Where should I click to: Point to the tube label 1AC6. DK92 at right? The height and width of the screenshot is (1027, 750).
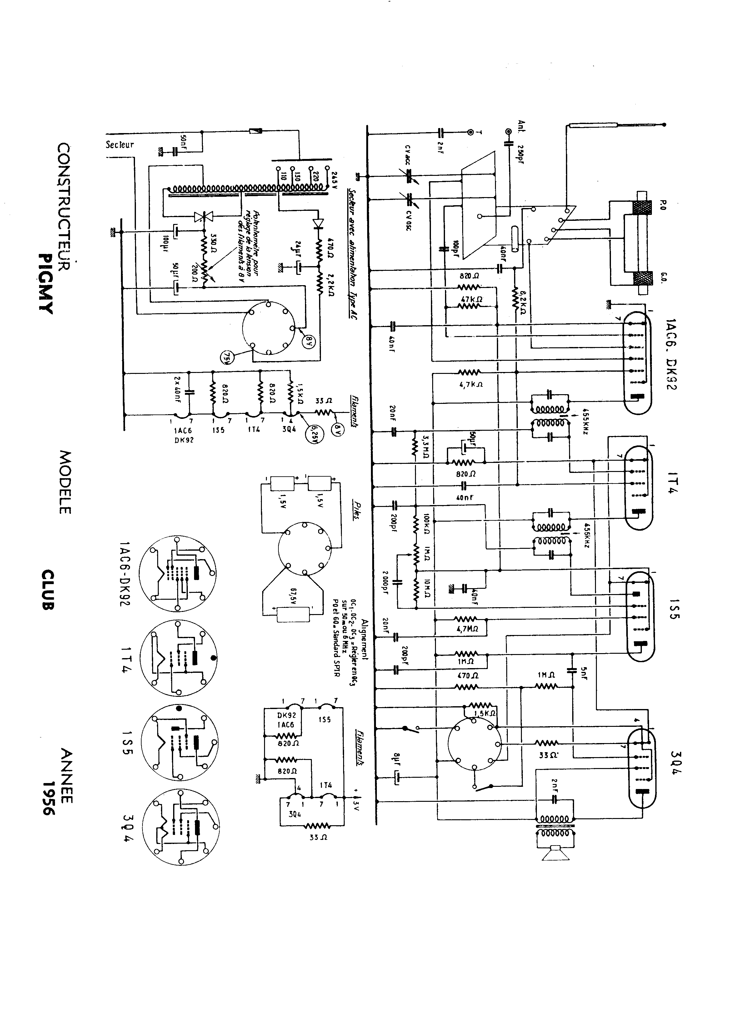(x=671, y=354)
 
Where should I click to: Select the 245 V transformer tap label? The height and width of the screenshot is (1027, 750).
(x=335, y=176)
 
